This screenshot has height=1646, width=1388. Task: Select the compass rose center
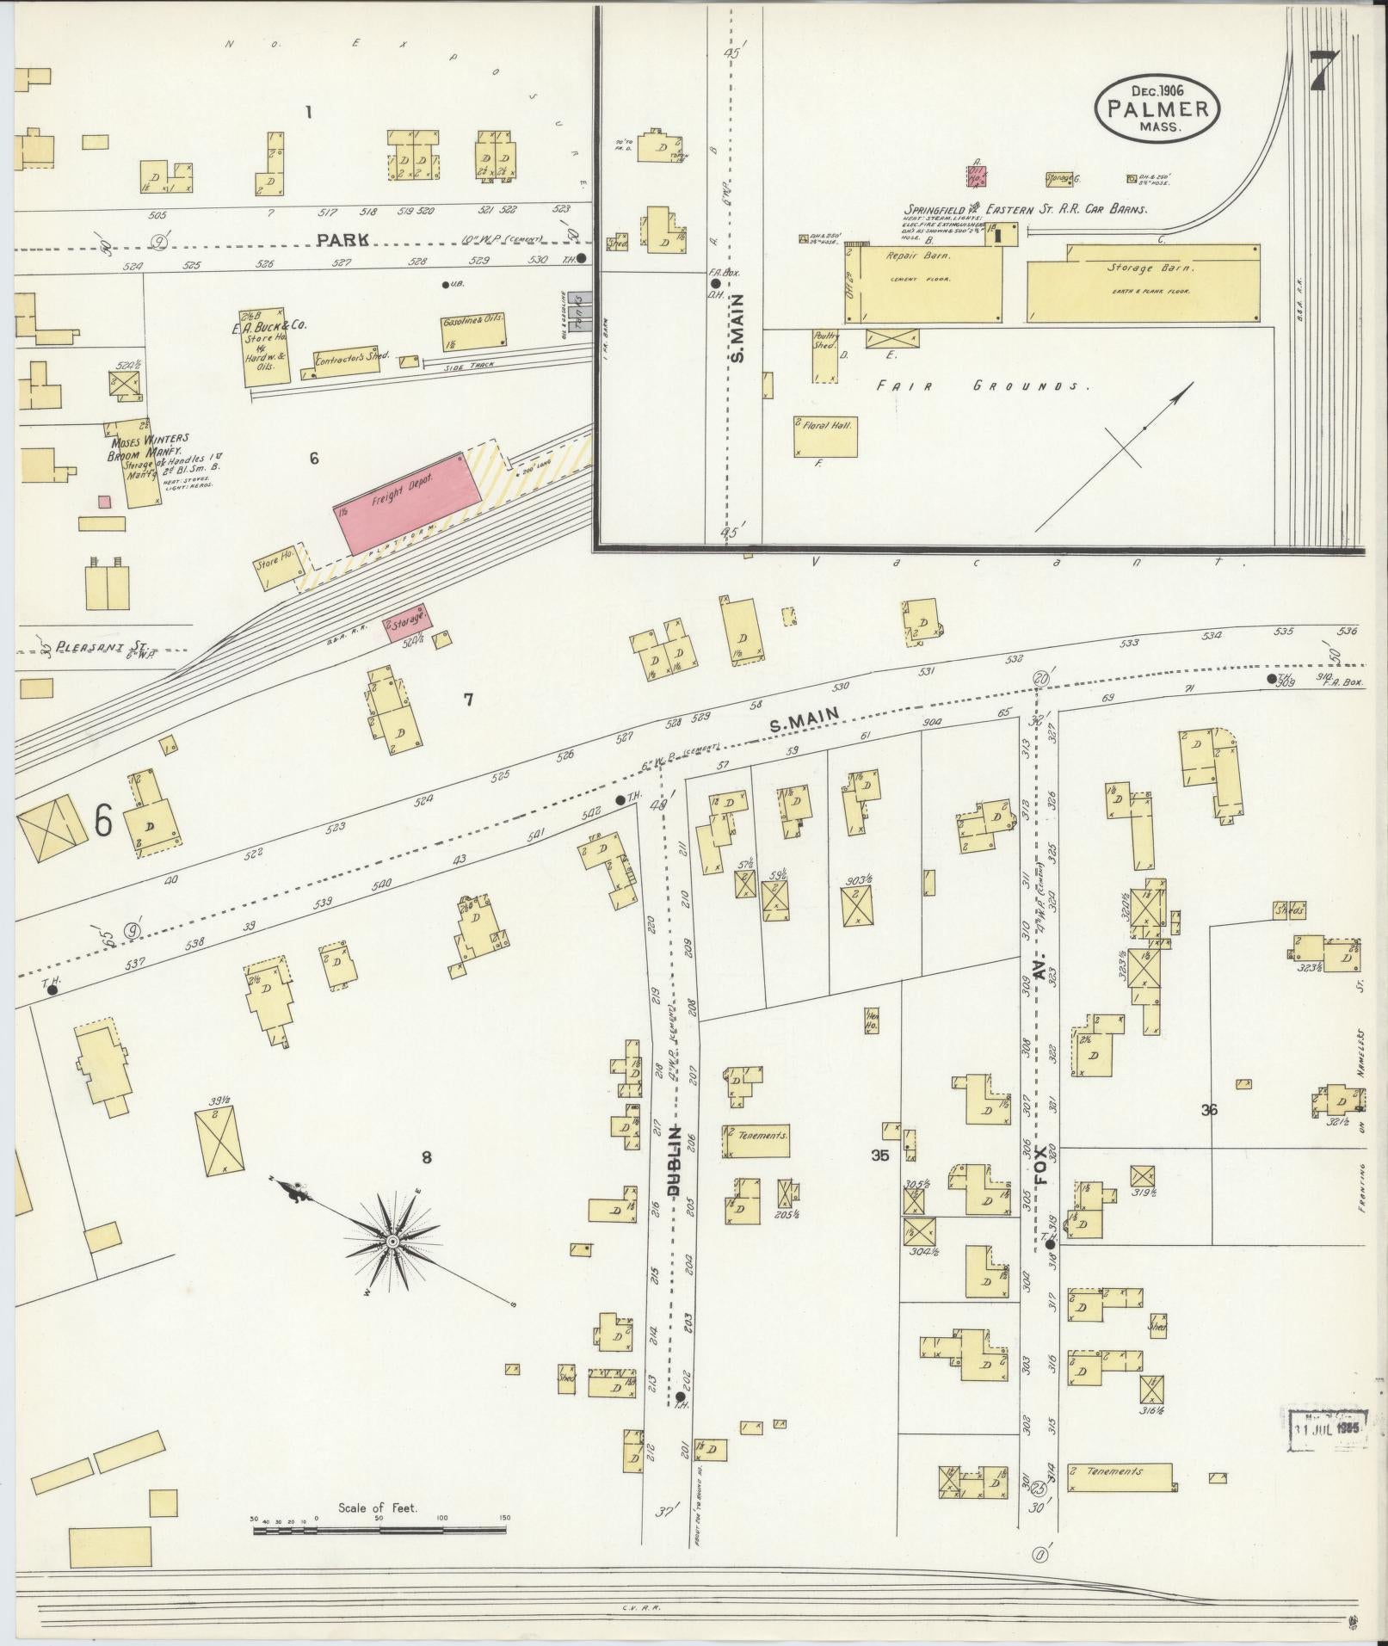392,1242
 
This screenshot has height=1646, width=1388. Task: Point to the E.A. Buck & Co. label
268,326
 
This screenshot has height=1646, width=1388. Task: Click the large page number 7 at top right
1326,74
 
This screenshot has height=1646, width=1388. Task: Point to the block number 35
879,1156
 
